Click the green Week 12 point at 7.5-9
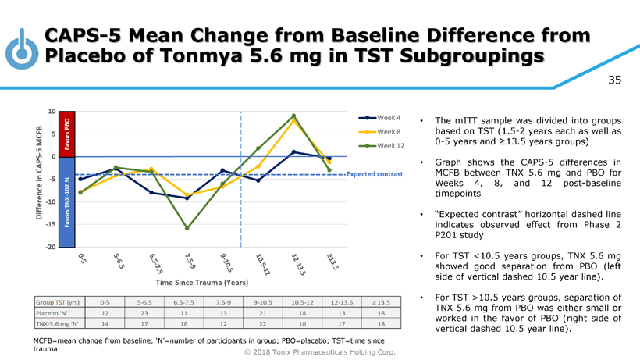click(187, 228)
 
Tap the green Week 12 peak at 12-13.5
click(293, 116)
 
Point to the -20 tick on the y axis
click(50, 247)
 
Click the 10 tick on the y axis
click(51, 111)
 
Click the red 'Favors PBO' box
click(66, 134)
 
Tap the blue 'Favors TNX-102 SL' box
click(66, 201)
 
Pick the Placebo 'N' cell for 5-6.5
click(144, 312)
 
